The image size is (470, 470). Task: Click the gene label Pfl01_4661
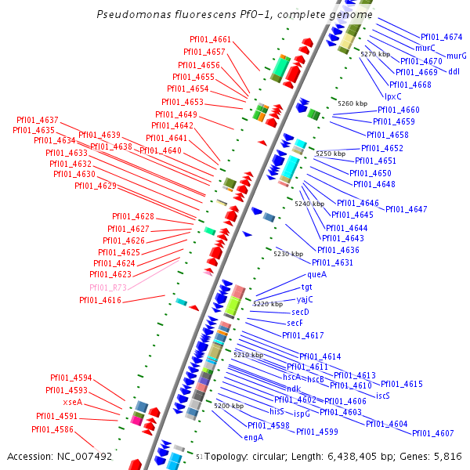pyautogui.click(x=210, y=39)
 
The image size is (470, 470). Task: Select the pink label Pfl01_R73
pyautogui.click(x=108, y=287)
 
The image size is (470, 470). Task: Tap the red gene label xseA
pyautogui.click(x=73, y=402)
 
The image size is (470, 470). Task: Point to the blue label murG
pyautogui.click(x=456, y=56)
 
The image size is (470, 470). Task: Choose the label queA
pyautogui.click(x=316, y=274)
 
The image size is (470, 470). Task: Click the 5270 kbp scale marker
pyautogui.click(x=374, y=54)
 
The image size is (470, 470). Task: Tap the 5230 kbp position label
pyautogui.click(x=287, y=254)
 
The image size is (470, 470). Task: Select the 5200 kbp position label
pyautogui.click(x=229, y=406)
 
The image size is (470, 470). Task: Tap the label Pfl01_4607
pyautogui.click(x=432, y=433)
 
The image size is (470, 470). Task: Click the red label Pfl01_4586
pyautogui.click(x=52, y=429)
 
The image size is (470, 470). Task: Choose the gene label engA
pyautogui.click(x=254, y=437)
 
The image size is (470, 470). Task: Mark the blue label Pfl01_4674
pyautogui.click(x=441, y=37)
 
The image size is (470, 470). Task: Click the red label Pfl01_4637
pyautogui.click(x=37, y=120)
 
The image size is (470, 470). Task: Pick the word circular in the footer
pyautogui.click(x=277, y=456)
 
